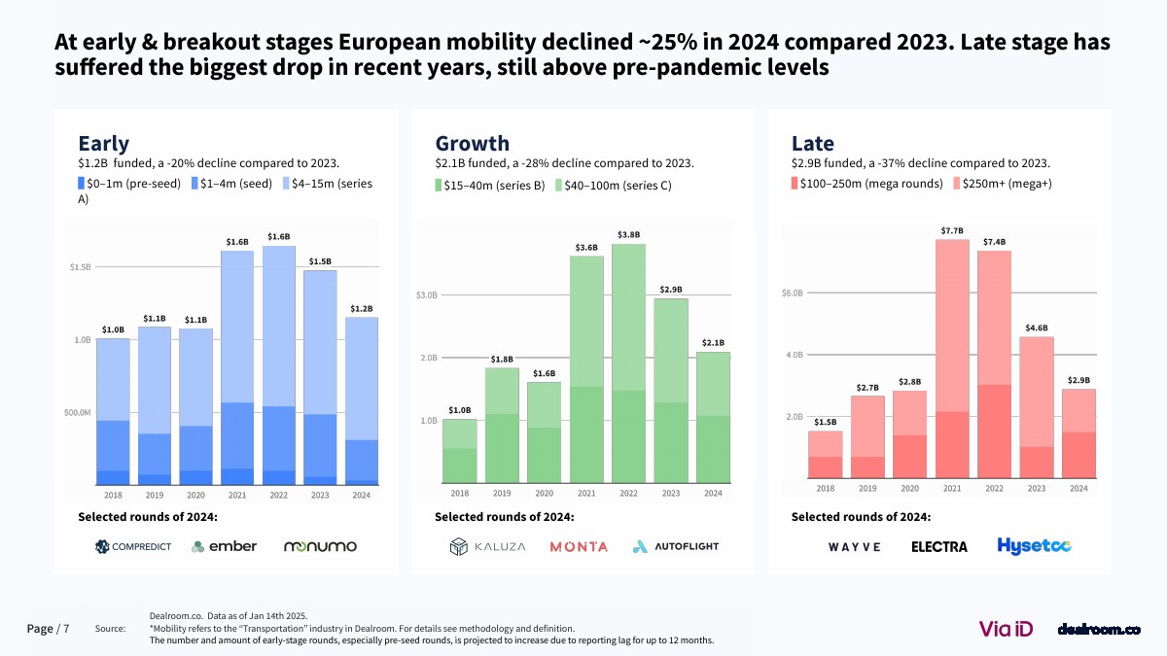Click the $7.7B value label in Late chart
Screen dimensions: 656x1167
coord(952,230)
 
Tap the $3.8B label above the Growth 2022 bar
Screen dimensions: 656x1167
coord(629,235)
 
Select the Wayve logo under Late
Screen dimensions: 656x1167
coord(855,547)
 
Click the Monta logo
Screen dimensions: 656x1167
coord(579,547)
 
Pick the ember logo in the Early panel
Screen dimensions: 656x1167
coord(225,546)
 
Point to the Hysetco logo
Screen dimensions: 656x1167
coord(1034,546)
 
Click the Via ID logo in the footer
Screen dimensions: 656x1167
coord(1006,629)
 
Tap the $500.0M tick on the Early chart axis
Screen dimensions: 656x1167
coord(78,413)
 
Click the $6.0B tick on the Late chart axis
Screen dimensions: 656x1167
coord(793,293)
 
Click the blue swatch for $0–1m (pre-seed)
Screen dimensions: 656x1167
coord(82,184)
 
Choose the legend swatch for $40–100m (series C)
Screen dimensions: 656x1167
coord(559,185)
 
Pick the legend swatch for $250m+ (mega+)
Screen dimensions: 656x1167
coord(954,184)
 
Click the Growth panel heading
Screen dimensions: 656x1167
coord(472,144)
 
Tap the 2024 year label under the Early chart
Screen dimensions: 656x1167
coord(362,495)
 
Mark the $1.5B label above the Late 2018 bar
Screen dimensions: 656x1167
coord(825,422)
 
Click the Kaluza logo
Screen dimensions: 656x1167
coord(488,547)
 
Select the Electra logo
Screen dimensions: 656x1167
coord(938,547)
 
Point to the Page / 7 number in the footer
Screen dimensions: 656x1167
coord(48,629)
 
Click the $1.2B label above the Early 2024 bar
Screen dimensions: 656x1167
coord(362,309)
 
